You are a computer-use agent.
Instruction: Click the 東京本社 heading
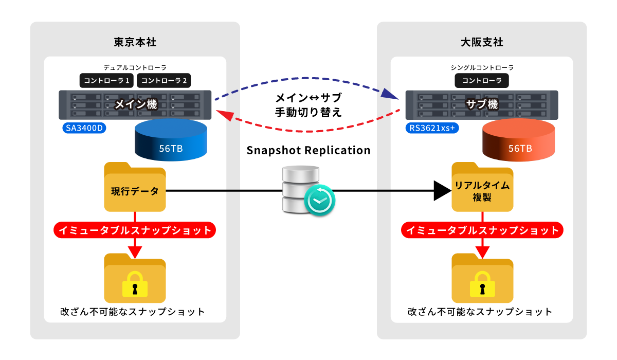pos(135,42)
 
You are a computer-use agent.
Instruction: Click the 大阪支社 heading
pos(482,42)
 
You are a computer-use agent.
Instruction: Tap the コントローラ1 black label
pos(106,80)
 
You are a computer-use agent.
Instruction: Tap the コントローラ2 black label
pos(164,80)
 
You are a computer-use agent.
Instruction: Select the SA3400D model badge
pos(84,128)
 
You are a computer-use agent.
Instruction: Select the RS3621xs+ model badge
pos(432,128)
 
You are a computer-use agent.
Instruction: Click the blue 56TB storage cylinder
pos(171,140)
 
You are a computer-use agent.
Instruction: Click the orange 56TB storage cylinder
pos(518,140)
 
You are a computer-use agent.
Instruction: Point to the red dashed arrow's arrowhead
pos(225,115)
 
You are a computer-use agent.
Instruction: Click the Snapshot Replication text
pos(308,150)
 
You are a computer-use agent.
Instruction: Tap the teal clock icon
pos(319,200)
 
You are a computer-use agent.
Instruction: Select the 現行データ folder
pos(135,187)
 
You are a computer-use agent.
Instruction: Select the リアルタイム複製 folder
pos(482,187)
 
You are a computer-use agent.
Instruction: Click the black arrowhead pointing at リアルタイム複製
pos(442,191)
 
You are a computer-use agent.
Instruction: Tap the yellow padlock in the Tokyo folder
pos(135,284)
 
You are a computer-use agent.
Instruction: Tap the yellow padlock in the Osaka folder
pos(482,284)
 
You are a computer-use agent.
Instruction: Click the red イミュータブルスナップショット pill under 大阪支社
pos(482,230)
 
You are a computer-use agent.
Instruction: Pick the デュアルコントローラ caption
pos(135,67)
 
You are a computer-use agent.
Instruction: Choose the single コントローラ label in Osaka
pos(482,80)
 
